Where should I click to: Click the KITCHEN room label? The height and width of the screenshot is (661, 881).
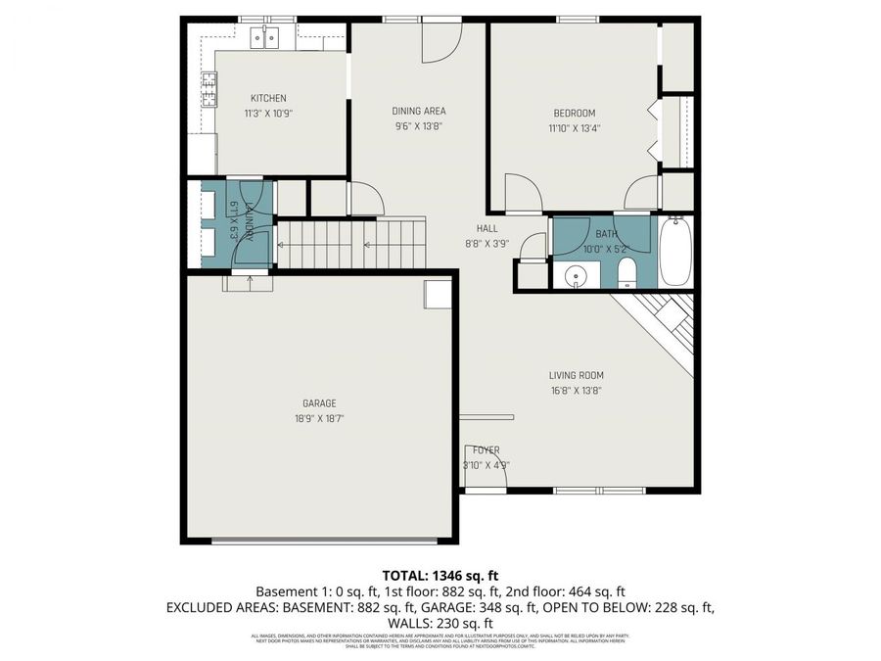point(268,98)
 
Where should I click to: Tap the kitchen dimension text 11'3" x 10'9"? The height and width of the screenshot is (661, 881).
point(268,113)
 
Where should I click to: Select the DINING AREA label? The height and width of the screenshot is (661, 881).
point(419,111)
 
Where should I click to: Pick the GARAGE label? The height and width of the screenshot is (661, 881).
point(319,403)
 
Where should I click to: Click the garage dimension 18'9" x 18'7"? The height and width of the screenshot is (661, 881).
point(319,418)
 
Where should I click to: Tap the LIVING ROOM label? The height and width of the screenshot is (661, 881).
point(576,375)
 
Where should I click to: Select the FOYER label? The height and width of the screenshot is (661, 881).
point(487,450)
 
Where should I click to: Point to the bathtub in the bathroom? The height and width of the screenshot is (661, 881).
point(675,253)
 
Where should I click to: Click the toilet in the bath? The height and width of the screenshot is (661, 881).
point(626,275)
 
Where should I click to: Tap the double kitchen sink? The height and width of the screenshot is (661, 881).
point(264,37)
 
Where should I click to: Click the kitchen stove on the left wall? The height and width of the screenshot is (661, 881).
point(209,90)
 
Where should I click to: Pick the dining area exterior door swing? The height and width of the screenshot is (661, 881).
point(440,41)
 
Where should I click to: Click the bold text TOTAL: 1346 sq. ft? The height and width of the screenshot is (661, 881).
point(440,575)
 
